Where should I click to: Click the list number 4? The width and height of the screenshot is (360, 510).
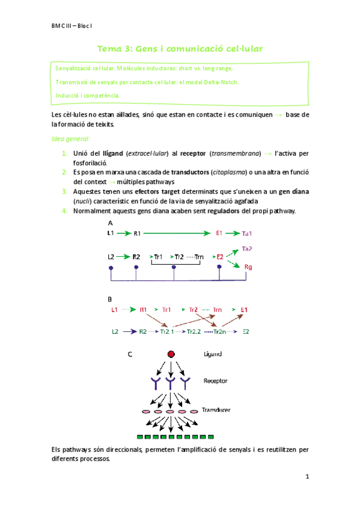pyautogui.click(x=64, y=210)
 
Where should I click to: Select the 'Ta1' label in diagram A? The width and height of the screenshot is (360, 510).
pyautogui.click(x=248, y=233)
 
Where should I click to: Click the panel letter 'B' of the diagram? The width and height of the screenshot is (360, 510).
pyautogui.click(x=109, y=299)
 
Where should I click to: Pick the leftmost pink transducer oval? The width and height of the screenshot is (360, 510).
pyautogui.click(x=145, y=412)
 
